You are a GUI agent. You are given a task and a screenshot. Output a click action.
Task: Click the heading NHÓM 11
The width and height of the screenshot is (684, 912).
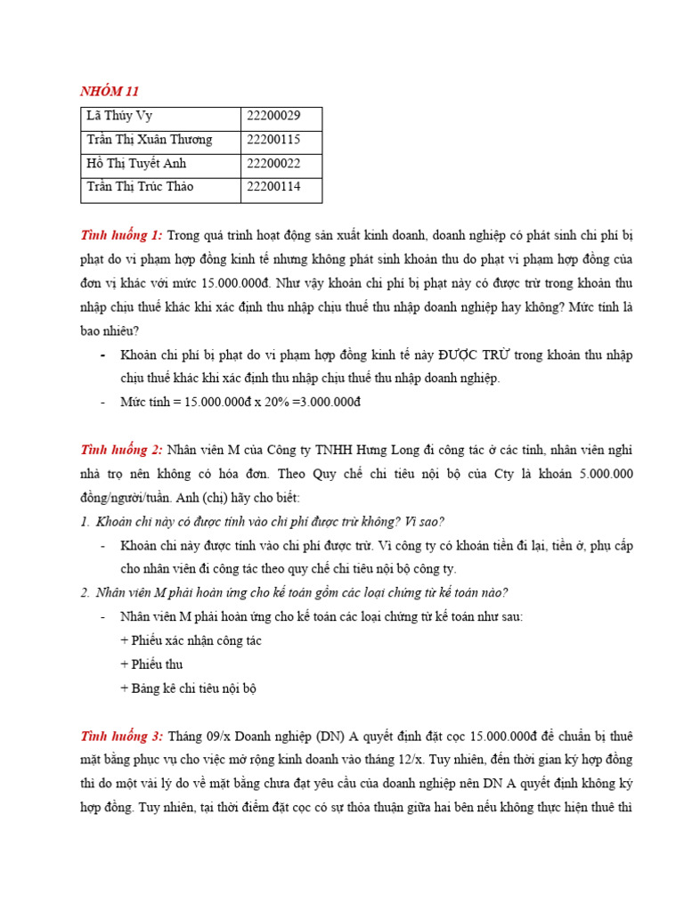[x=110, y=91]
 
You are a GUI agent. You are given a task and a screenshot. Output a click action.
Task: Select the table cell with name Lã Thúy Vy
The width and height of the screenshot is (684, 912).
[x=120, y=116]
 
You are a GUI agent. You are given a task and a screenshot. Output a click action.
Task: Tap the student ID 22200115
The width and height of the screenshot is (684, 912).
[x=273, y=140]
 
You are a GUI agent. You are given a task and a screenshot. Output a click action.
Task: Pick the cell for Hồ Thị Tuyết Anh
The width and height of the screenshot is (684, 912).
[x=136, y=164]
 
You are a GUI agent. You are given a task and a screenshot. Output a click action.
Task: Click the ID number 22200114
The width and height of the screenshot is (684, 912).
[x=273, y=187]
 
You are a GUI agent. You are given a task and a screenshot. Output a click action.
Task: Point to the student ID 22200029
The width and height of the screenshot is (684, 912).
[x=273, y=116]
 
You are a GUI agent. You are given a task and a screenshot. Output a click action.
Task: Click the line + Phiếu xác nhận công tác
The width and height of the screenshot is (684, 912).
[x=190, y=641]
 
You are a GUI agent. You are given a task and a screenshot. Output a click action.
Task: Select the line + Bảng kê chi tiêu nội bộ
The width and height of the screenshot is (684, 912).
[x=188, y=688]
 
